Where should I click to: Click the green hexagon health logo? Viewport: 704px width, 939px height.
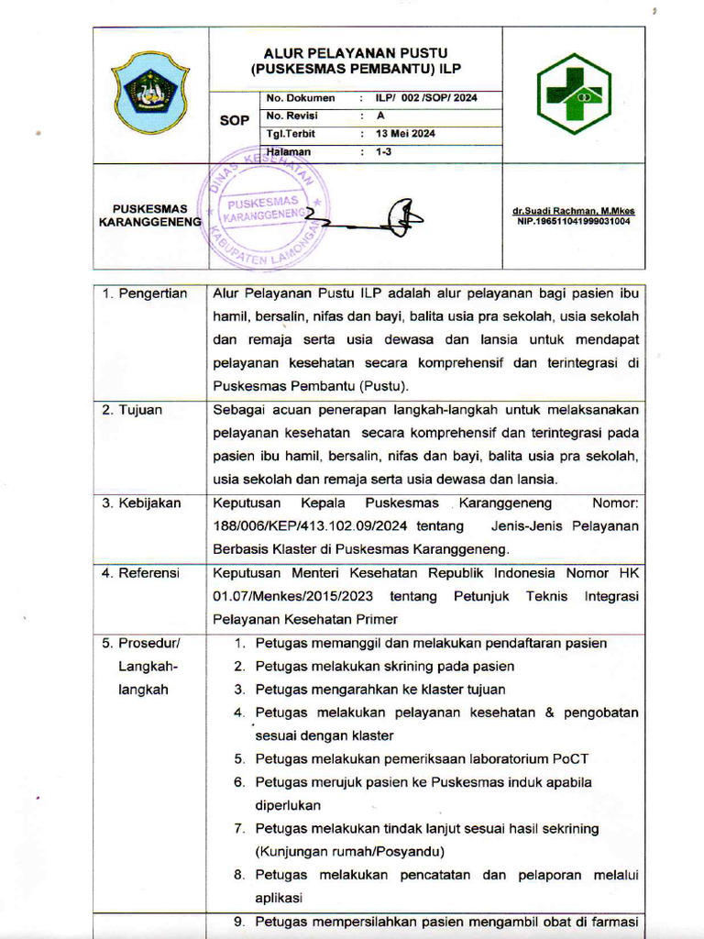coord(573,94)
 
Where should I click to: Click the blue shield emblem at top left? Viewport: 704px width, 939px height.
coord(150,93)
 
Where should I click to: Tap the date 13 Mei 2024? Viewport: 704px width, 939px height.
coord(405,134)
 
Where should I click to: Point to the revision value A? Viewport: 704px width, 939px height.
coord(380,116)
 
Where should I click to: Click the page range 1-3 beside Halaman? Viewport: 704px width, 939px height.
coord(383,152)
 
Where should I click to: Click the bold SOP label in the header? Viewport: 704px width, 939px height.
coord(235,120)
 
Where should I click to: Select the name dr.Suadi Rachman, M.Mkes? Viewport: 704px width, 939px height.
coord(573,212)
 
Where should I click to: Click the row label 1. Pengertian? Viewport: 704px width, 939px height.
coord(145,293)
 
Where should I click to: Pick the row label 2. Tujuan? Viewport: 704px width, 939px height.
coord(132,410)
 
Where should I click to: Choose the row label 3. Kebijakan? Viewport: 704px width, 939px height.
coord(142,503)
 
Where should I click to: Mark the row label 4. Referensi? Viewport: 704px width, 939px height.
coord(141,573)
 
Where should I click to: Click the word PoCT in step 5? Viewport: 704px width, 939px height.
coord(571,758)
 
